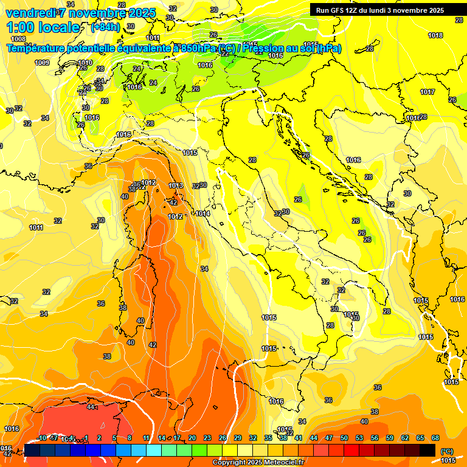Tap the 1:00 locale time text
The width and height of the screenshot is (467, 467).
coord(43,27)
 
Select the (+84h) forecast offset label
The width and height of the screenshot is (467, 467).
coord(105,27)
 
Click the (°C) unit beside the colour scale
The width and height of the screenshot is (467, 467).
coord(446,451)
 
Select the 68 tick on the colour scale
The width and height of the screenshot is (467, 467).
coord(435,438)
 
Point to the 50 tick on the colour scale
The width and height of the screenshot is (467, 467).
coord(344,438)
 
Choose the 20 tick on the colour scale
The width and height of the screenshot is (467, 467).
coord(192,438)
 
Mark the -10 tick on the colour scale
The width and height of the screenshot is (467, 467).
coord(41,438)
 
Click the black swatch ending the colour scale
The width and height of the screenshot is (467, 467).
coord(428,451)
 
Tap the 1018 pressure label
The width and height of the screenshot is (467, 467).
coord(435,36)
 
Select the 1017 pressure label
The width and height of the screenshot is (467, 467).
coord(427,92)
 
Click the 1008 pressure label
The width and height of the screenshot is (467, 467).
coord(18,39)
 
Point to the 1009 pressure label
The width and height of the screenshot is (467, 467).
coord(42,63)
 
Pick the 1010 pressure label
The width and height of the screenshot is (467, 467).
coord(85,63)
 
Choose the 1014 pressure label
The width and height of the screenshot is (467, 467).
coord(203,213)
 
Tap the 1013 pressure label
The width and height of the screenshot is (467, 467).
coord(176,185)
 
